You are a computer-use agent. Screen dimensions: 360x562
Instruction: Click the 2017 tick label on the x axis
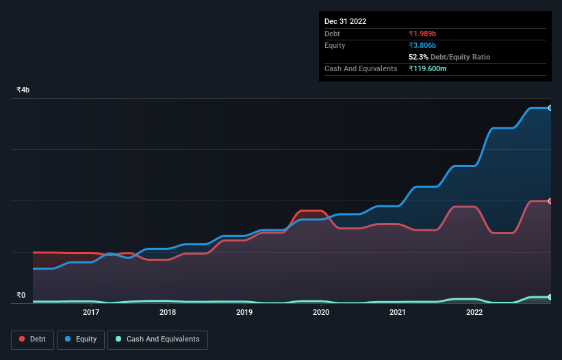(91, 313)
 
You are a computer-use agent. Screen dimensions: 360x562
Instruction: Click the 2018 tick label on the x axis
(168, 313)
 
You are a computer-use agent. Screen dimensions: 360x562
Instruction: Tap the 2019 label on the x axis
(244, 313)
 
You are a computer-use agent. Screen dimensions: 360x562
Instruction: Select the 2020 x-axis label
(321, 313)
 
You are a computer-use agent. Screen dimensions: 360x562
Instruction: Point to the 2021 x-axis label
(398, 313)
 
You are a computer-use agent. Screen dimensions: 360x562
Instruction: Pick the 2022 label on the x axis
(474, 313)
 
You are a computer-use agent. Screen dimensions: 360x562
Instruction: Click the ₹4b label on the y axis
(23, 90)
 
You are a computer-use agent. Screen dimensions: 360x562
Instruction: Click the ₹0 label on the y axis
(21, 296)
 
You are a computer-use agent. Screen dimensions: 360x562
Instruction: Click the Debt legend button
(32, 339)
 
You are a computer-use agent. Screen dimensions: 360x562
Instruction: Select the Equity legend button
(81, 339)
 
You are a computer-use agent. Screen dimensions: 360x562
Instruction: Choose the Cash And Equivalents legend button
(157, 339)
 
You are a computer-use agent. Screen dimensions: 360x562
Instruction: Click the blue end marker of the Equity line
(550, 108)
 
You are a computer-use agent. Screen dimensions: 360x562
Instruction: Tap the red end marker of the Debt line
(550, 201)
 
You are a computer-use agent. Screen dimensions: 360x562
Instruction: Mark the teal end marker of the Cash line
(550, 297)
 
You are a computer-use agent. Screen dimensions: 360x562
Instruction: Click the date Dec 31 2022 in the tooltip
(345, 21)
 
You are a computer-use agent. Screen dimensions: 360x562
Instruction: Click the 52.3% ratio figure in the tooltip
(420, 57)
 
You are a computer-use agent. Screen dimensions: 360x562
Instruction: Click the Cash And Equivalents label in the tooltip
(361, 68)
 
